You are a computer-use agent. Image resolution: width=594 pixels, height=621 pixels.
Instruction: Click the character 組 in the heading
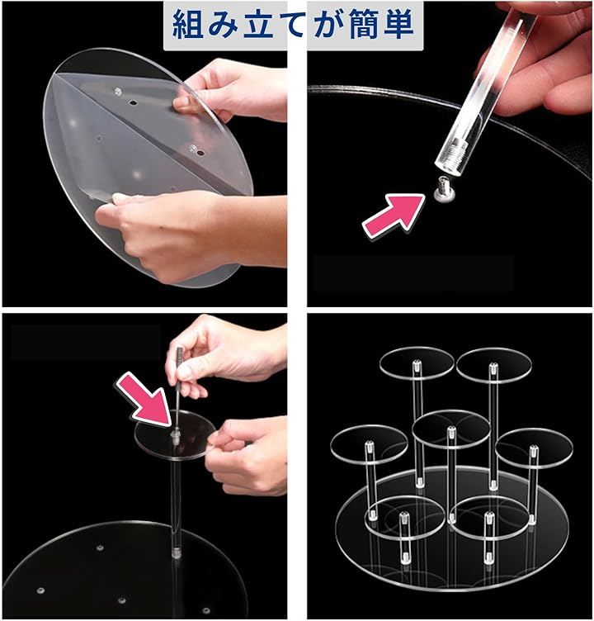[188, 25]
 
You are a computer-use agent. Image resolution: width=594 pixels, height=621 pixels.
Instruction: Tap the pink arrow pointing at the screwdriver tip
[145, 399]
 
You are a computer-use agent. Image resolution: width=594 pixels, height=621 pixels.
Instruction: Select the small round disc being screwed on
[175, 434]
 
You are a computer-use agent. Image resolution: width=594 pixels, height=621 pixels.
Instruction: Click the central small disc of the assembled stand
[450, 429]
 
